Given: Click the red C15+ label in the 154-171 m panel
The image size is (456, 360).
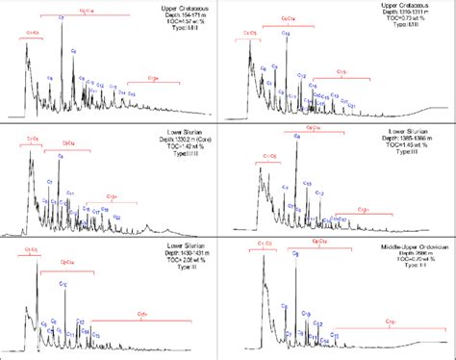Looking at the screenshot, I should (154, 78).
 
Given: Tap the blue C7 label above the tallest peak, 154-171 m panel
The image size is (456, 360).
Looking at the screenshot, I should (62, 17).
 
